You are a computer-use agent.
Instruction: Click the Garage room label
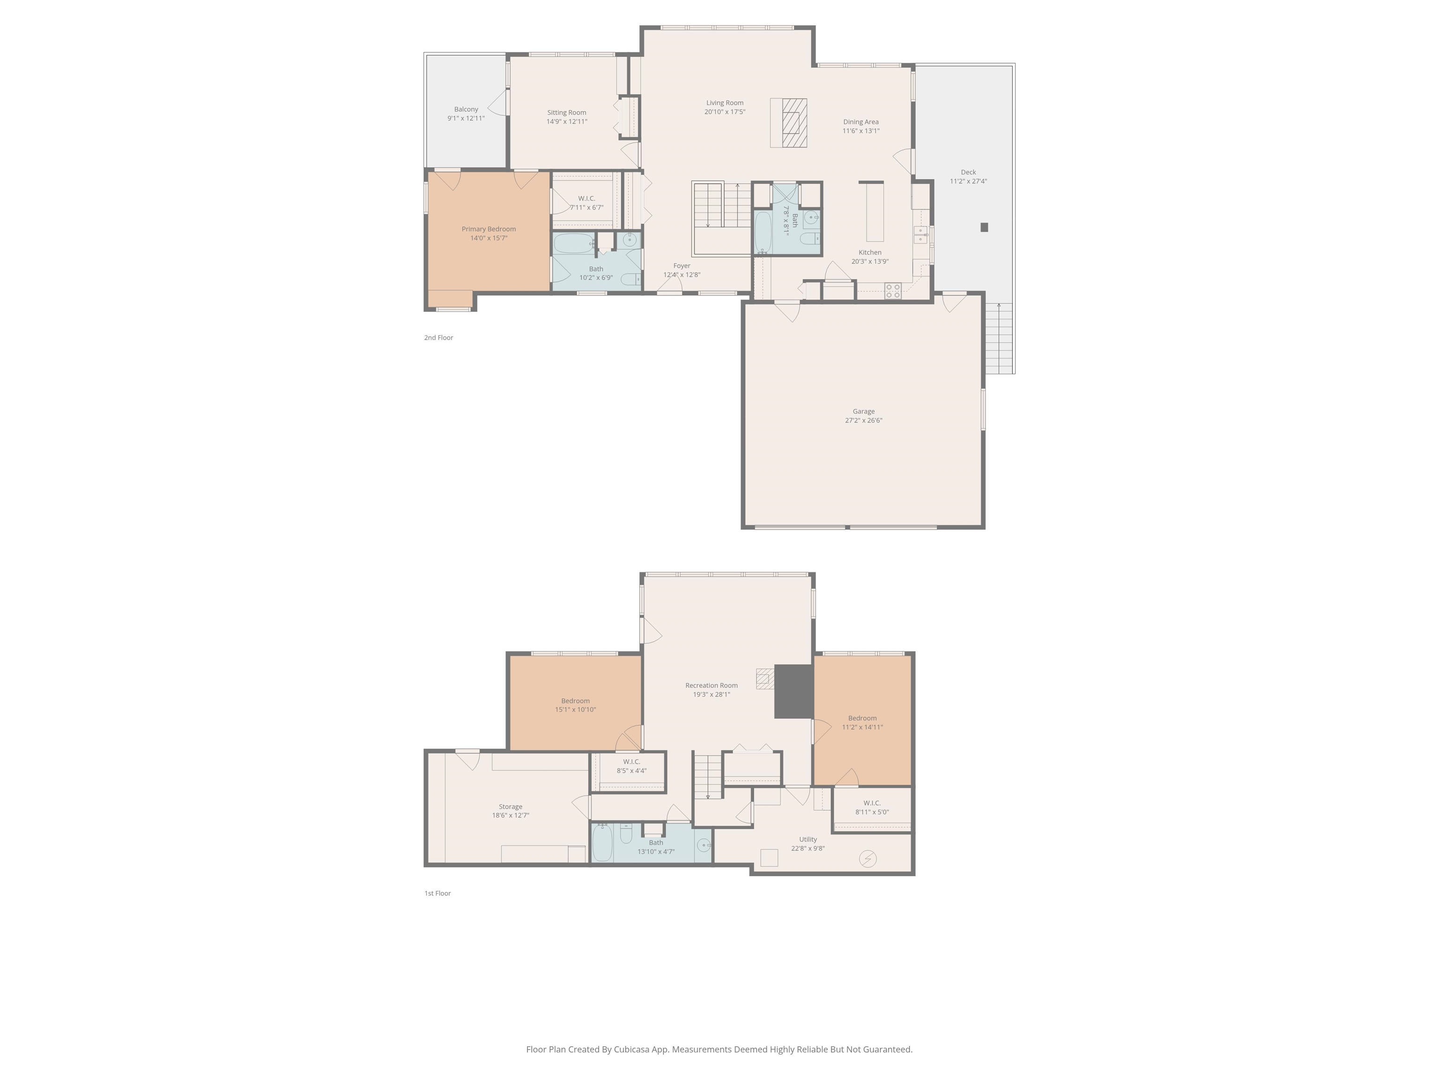pos(863,411)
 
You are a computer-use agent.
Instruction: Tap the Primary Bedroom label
pos(489,229)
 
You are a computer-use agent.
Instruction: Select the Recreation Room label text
pos(711,686)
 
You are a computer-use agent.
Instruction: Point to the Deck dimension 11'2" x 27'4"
pos(968,181)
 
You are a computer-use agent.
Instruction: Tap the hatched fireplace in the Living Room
pos(794,122)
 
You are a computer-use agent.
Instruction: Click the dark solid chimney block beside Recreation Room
pos(794,691)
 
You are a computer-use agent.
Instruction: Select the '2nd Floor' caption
pos(438,338)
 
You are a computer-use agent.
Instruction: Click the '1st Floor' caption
pos(437,893)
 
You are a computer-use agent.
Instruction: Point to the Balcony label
pos(466,109)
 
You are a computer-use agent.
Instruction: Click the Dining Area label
pos(860,122)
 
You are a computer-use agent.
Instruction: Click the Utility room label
pos(808,839)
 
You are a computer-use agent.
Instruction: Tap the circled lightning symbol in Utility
pos(868,859)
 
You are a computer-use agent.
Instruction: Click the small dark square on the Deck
pos(984,227)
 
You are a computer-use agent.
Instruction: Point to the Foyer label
pos(681,266)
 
